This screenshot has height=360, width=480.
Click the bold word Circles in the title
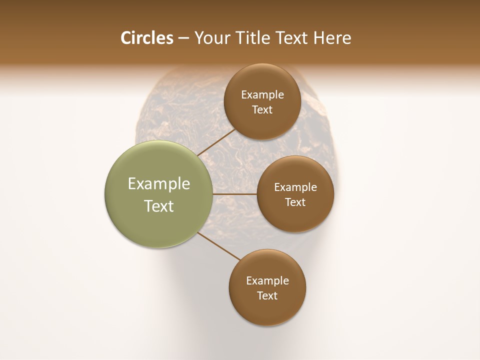pyautogui.click(x=146, y=38)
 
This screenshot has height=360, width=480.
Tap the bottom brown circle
pyautogui.click(x=267, y=310)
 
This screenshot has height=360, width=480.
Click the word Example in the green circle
pyautogui.click(x=159, y=184)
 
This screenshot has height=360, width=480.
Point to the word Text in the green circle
pyautogui.click(x=159, y=206)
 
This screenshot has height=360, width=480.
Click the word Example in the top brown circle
pyautogui.click(x=262, y=95)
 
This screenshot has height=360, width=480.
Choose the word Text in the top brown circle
pyautogui.click(x=262, y=110)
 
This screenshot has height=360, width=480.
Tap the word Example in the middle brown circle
pyautogui.click(x=295, y=187)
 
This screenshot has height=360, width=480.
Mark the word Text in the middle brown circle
pyautogui.click(x=295, y=202)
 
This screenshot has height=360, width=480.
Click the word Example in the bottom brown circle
pyautogui.click(x=267, y=281)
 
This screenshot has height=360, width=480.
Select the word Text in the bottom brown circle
pyautogui.click(x=267, y=296)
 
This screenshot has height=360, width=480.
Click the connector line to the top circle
pyautogui.click(x=216, y=142)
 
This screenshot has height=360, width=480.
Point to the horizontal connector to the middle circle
pyautogui.click(x=235, y=194)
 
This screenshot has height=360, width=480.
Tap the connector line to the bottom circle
pyautogui.click(x=219, y=246)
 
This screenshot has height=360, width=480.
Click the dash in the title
pyautogui.click(x=183, y=38)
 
